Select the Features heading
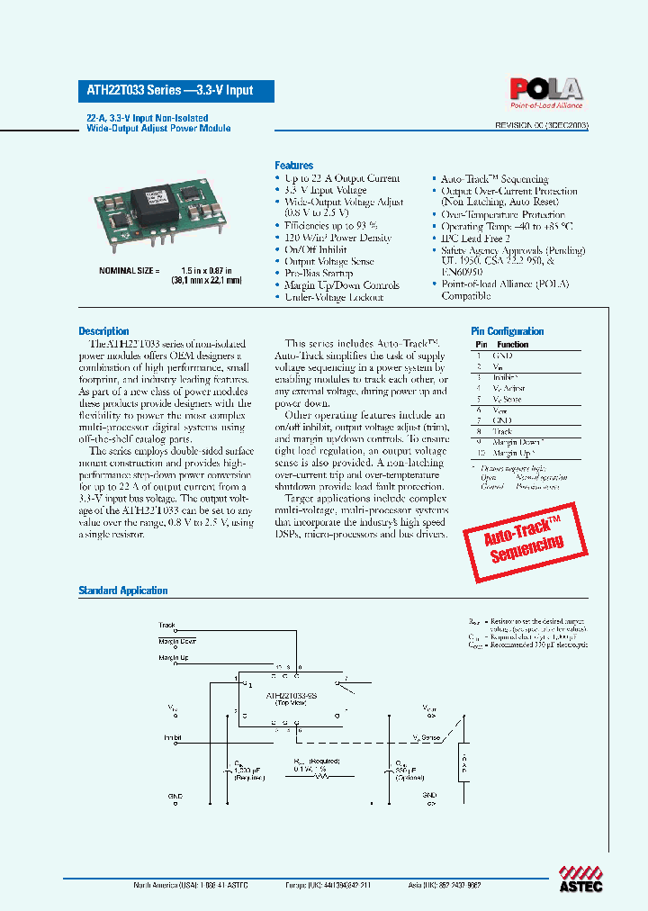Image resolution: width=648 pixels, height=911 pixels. pyautogui.click(x=293, y=166)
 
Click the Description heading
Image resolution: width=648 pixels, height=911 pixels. pyautogui.click(x=103, y=331)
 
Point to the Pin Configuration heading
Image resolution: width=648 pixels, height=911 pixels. pyautogui.click(x=508, y=331)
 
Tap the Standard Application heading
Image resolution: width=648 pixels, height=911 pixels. pyautogui.click(x=123, y=591)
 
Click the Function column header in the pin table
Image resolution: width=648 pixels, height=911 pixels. pyautogui.click(x=512, y=345)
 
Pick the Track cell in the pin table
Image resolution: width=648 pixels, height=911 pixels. pyautogui.click(x=502, y=431)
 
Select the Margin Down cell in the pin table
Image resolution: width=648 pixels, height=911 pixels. pyautogui.click(x=517, y=442)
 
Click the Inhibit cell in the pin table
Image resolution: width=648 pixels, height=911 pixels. pyautogui.click(x=505, y=377)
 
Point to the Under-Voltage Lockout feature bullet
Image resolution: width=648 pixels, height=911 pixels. pyautogui.click(x=333, y=297)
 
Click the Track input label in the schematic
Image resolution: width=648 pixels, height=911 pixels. pyautogui.click(x=167, y=625)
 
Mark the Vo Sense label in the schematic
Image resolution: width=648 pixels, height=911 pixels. pyautogui.click(x=427, y=737)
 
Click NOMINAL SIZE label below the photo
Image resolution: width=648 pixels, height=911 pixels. pyautogui.click(x=129, y=271)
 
